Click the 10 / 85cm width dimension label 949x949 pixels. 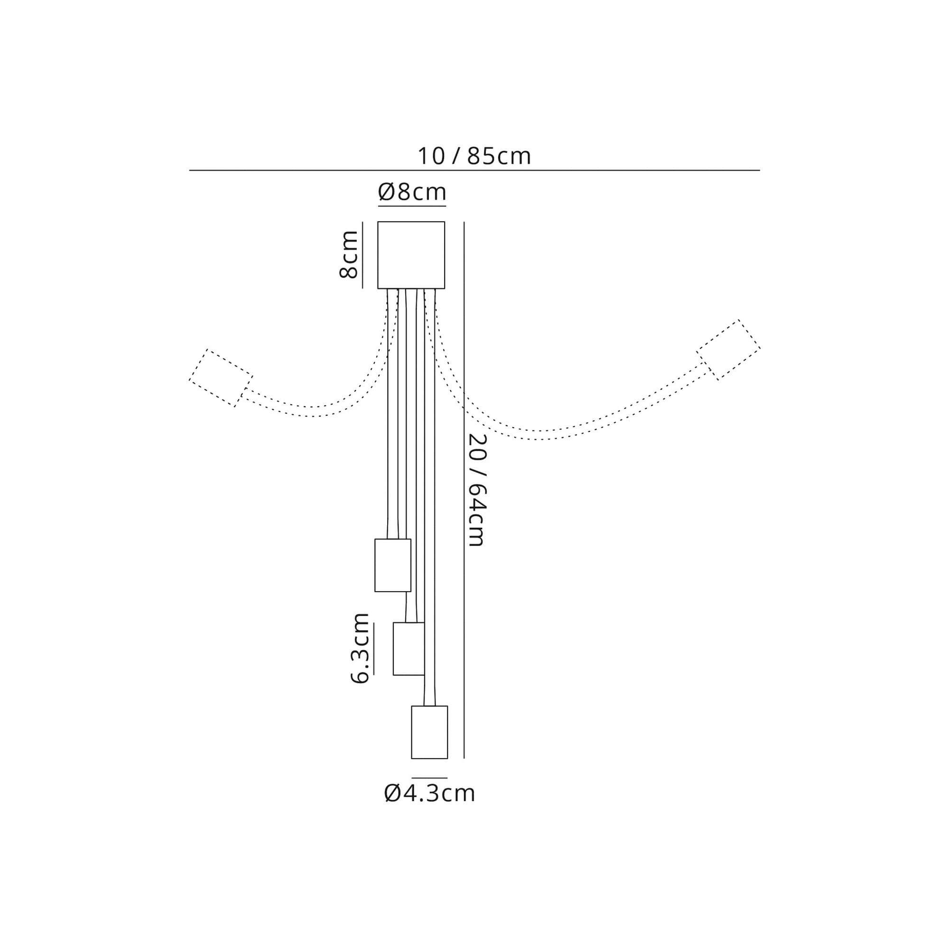tap(474, 156)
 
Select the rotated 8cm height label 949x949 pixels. tap(349, 254)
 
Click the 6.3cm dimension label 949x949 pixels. tap(360, 648)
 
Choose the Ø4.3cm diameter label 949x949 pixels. tap(429, 793)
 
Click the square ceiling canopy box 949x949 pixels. tap(411, 255)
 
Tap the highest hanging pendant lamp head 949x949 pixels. tap(392, 566)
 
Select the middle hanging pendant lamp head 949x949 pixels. tap(408, 649)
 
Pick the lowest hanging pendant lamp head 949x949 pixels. tap(429, 732)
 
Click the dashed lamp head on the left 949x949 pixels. tap(221, 378)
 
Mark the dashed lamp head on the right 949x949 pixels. tap(728, 350)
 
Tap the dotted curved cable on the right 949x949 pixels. tap(540, 435)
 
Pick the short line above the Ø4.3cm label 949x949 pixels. tap(429, 778)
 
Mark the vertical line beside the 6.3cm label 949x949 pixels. tap(373, 649)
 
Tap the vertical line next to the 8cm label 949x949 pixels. tap(363, 255)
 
